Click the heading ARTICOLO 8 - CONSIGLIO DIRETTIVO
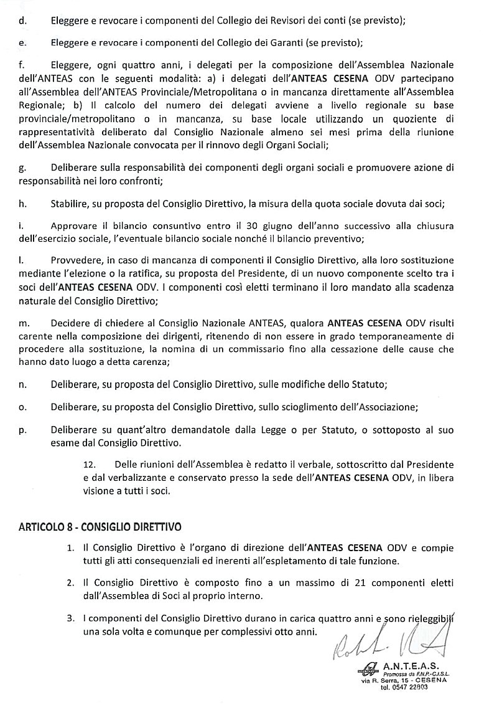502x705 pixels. point(100,526)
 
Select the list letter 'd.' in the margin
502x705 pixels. point(23,21)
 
